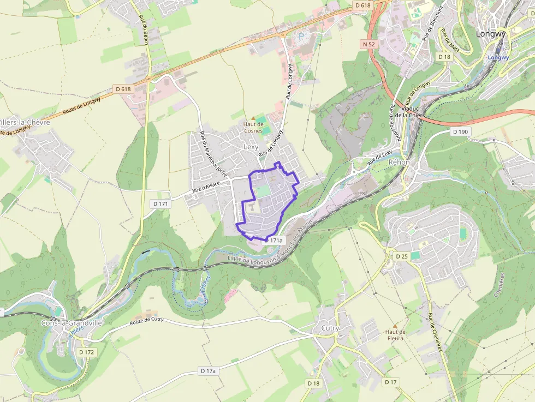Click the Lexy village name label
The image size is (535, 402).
251,147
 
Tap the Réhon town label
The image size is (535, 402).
399,163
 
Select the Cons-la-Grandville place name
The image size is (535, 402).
72,323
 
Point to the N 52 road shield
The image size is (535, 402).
368,44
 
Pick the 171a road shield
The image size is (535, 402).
276,240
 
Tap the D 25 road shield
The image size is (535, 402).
402,256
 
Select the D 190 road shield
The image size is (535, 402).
460,132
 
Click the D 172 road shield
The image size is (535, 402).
86,352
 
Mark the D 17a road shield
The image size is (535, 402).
207,371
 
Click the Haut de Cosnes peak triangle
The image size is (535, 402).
253,117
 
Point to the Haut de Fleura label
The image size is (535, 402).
395,335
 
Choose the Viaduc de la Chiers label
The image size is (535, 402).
409,112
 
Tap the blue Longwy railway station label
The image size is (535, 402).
497,57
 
